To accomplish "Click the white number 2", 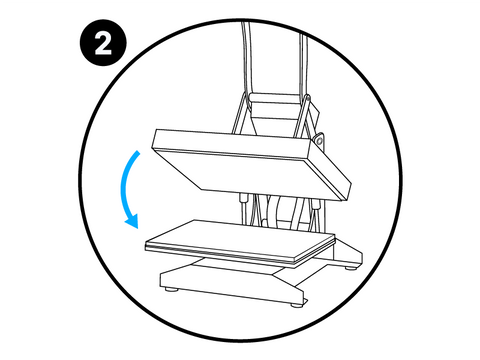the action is (x=103, y=43).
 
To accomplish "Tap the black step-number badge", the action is (x=103, y=43).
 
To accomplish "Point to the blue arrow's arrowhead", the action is (x=133, y=221).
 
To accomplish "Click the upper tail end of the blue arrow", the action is (x=138, y=152).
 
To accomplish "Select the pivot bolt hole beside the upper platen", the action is (x=319, y=140).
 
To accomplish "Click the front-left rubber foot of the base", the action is (x=172, y=289).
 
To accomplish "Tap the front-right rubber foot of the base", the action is (x=296, y=304).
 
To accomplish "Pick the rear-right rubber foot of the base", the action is (x=350, y=267).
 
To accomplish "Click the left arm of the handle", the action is (x=245, y=60).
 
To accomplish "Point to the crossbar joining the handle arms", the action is (x=277, y=98).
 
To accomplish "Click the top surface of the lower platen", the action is (x=240, y=238).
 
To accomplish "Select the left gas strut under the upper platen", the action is (x=244, y=208).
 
